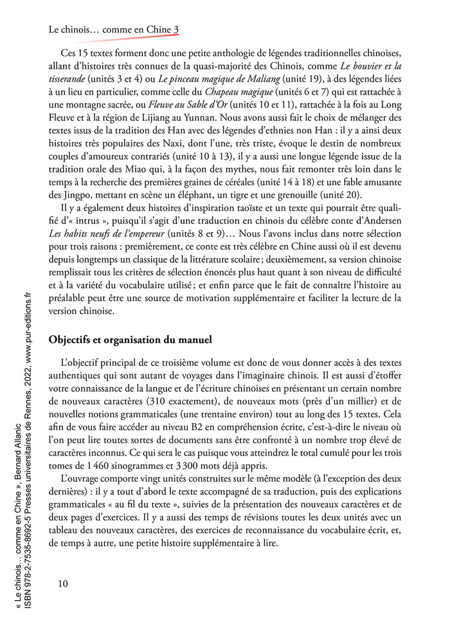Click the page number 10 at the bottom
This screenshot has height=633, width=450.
pyautogui.click(x=62, y=583)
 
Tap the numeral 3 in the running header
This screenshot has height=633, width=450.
pyautogui.click(x=175, y=30)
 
